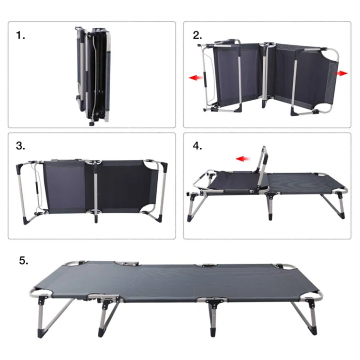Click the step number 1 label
21,36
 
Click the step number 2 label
197,35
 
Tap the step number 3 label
21,146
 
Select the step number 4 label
197,146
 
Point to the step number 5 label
24,261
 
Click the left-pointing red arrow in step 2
196,78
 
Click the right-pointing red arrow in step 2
341,73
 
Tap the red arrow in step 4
243,159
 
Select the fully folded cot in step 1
93,76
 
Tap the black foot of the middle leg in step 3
96,219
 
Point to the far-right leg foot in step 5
314,330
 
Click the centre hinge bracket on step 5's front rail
214,303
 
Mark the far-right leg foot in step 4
341,215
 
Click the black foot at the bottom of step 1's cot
92,124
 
